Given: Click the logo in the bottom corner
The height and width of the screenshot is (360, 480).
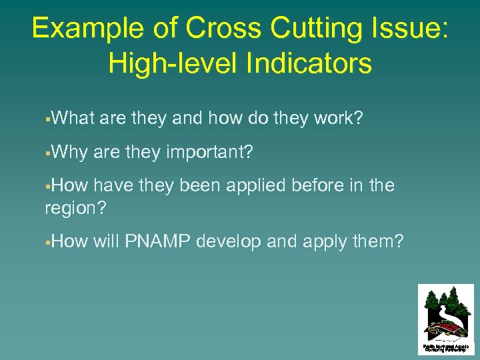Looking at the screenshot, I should click(x=445, y=317).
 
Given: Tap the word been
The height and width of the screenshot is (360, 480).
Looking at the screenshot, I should click(x=200, y=185).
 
